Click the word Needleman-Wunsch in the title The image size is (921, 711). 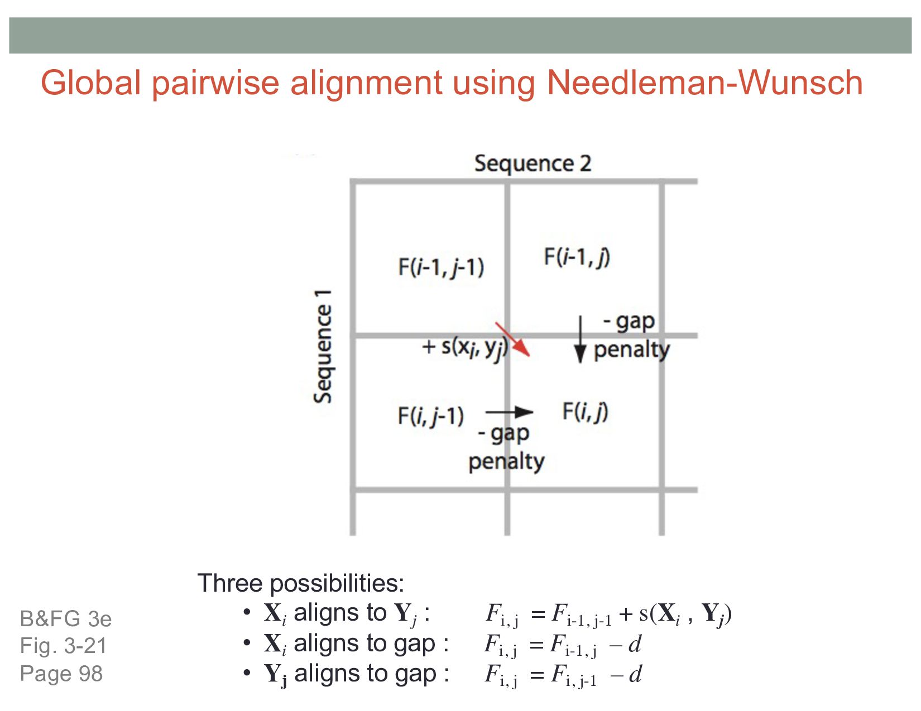(x=704, y=83)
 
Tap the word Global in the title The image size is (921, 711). (x=90, y=83)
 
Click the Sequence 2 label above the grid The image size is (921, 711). (x=533, y=163)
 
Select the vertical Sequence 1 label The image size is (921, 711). (x=323, y=346)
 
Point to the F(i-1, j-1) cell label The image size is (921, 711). (x=441, y=267)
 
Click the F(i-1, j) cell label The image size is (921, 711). (x=577, y=257)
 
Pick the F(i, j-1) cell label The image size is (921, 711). (x=430, y=416)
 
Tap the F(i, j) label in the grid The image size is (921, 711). (x=585, y=412)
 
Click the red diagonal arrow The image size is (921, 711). (x=512, y=339)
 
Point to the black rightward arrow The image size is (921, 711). (x=509, y=412)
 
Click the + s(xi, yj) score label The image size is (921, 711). (x=465, y=347)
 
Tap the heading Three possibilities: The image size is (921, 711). (x=300, y=583)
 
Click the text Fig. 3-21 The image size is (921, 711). (x=63, y=646)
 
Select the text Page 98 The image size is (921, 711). (x=61, y=674)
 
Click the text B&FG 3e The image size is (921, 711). (x=66, y=619)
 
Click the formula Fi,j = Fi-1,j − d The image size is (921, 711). (x=563, y=645)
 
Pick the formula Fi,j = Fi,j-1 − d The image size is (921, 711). (x=563, y=675)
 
